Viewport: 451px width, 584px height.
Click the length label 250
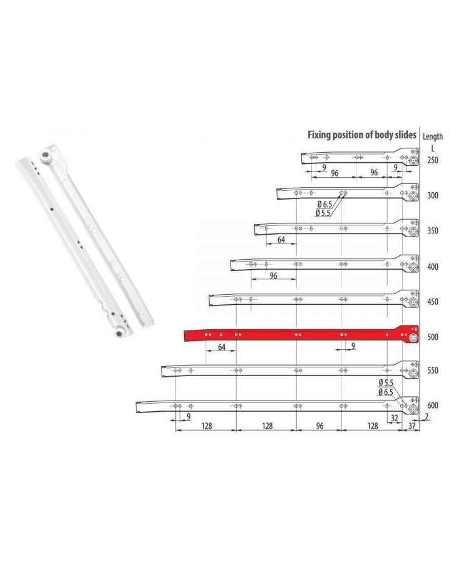tap(433, 160)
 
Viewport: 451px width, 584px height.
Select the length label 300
tap(433, 195)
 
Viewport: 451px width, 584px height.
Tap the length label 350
tap(433, 231)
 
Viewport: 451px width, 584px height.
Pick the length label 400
tap(433, 267)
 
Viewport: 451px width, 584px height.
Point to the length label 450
tap(433, 302)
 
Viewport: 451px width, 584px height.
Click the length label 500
tap(433, 337)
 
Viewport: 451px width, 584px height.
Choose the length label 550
tap(433, 371)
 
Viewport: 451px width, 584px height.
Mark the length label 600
tap(433, 405)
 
